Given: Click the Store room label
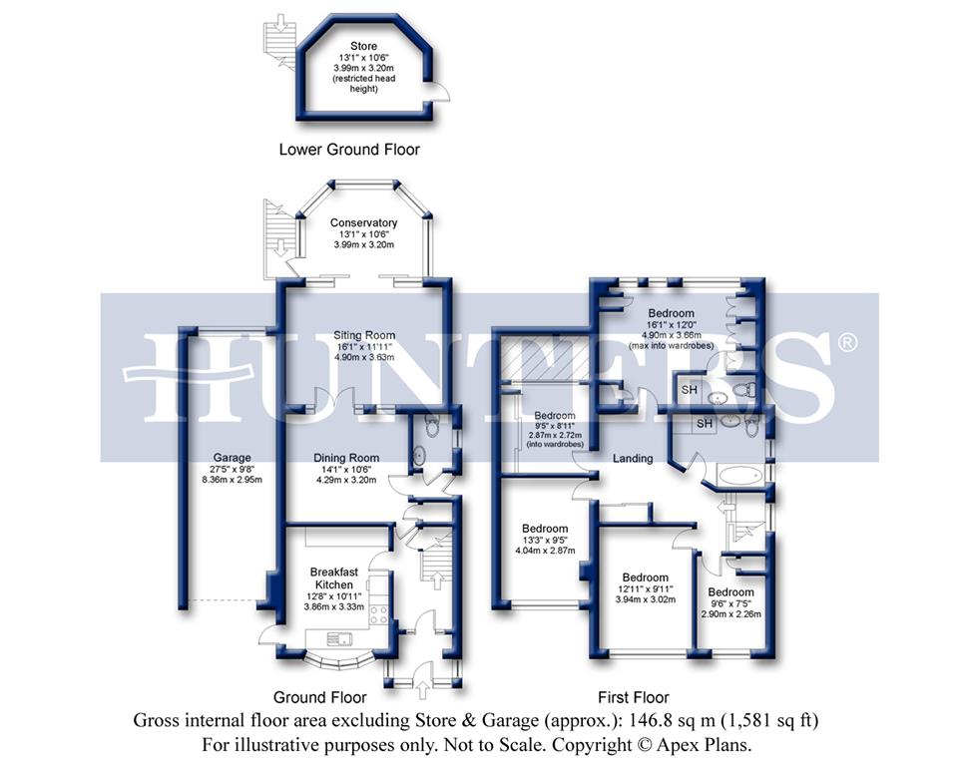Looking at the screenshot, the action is (x=364, y=46).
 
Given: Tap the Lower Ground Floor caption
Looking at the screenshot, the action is (x=349, y=150).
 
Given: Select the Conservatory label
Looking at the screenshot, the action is (x=364, y=222).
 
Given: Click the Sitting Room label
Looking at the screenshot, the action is (x=364, y=335).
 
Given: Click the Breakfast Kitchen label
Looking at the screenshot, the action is (x=332, y=577).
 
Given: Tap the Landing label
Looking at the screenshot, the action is (x=633, y=459).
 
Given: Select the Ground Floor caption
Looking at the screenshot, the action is (x=319, y=697).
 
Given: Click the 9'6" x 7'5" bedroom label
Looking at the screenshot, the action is (x=731, y=592).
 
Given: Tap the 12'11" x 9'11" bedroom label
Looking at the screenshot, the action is (x=645, y=577).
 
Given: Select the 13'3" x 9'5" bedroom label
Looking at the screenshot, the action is (x=544, y=529).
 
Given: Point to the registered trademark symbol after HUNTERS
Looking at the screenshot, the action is (x=846, y=343).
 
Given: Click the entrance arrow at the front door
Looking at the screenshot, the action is (x=423, y=688).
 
